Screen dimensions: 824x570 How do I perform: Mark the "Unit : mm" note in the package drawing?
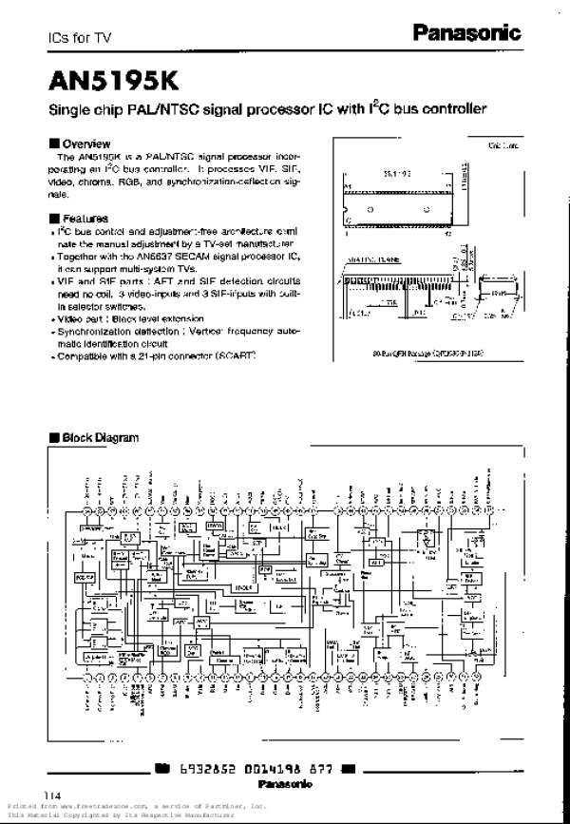tap(503, 145)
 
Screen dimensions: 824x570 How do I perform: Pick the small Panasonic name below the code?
tap(285, 785)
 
